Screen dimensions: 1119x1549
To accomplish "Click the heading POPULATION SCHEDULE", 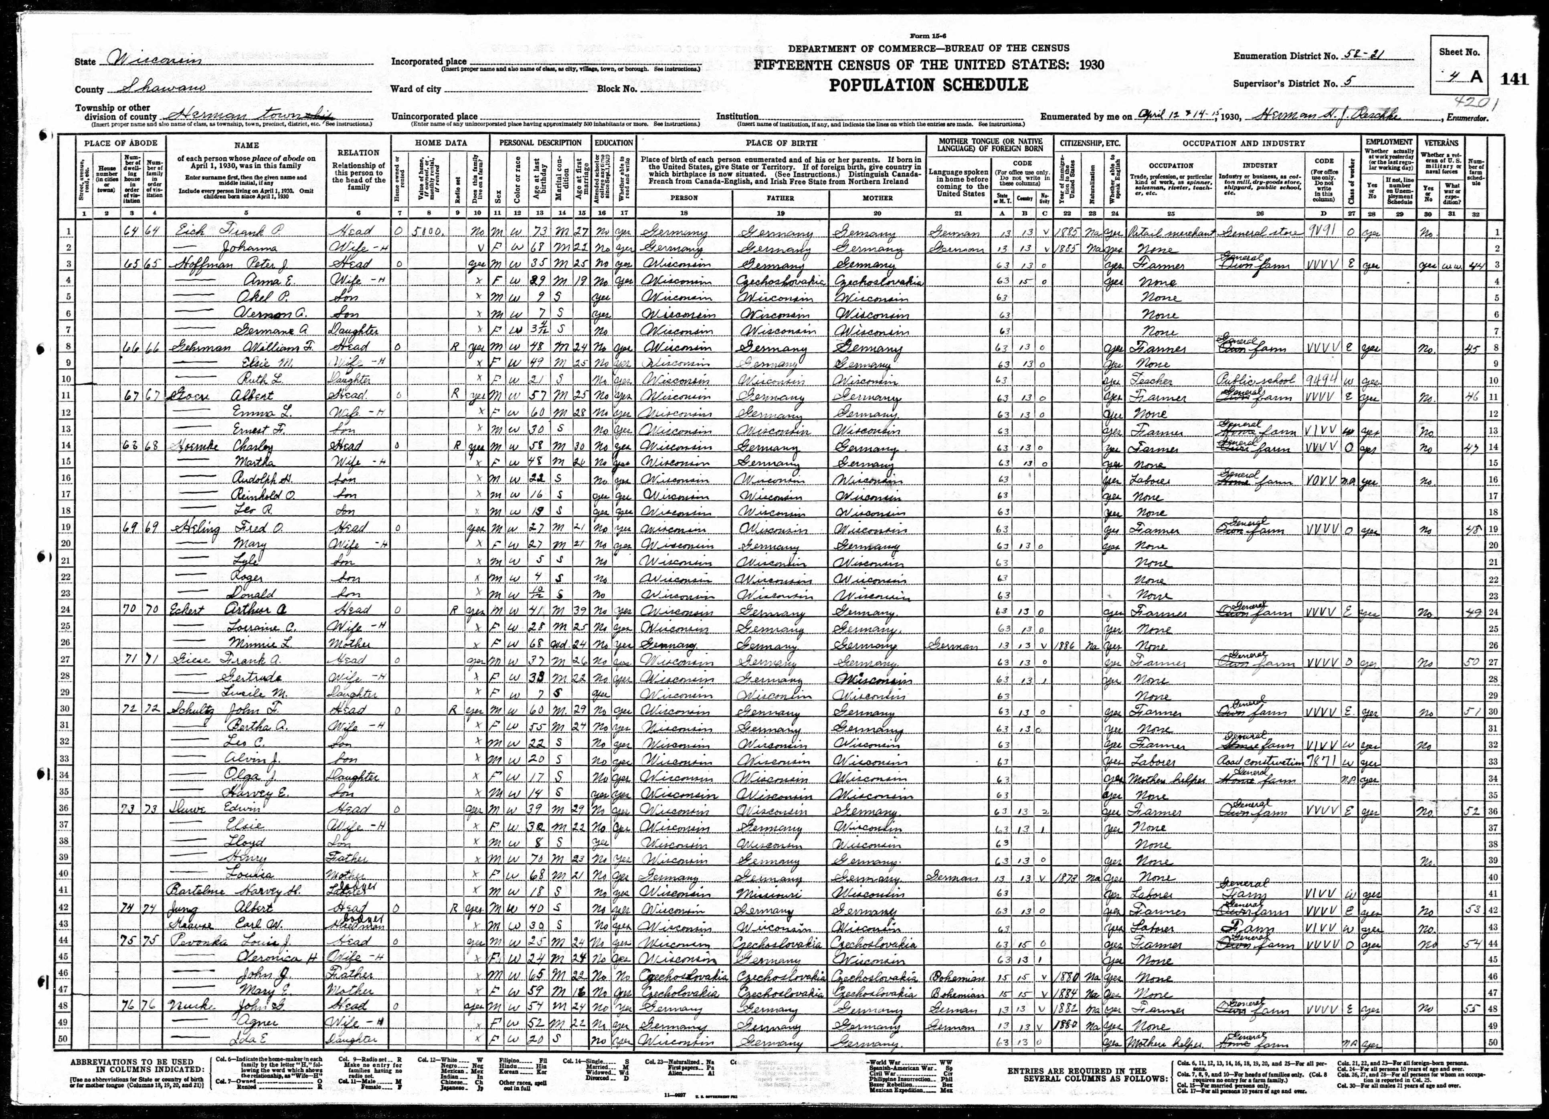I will point(929,85).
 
